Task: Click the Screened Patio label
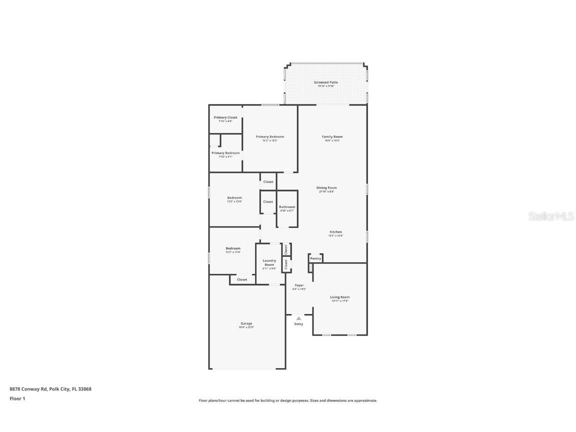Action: tap(325, 82)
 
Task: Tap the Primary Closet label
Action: tap(225, 117)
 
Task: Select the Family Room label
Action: tap(332, 136)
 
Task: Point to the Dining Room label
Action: tap(326, 188)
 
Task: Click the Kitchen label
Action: tap(335, 232)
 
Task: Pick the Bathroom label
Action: tap(287, 206)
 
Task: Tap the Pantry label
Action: tap(315, 258)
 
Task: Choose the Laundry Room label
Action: tap(269, 262)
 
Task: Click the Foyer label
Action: tap(299, 285)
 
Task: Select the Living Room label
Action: tap(340, 297)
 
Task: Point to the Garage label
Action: tap(246, 323)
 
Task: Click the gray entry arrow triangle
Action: tap(298, 318)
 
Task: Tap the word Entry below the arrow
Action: tap(298, 324)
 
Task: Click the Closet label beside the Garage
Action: tap(242, 279)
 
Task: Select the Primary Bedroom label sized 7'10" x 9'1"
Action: tap(225, 153)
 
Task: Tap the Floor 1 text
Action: tap(17, 398)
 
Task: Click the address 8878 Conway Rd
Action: tap(28, 388)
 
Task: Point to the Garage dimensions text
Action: tap(246, 327)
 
